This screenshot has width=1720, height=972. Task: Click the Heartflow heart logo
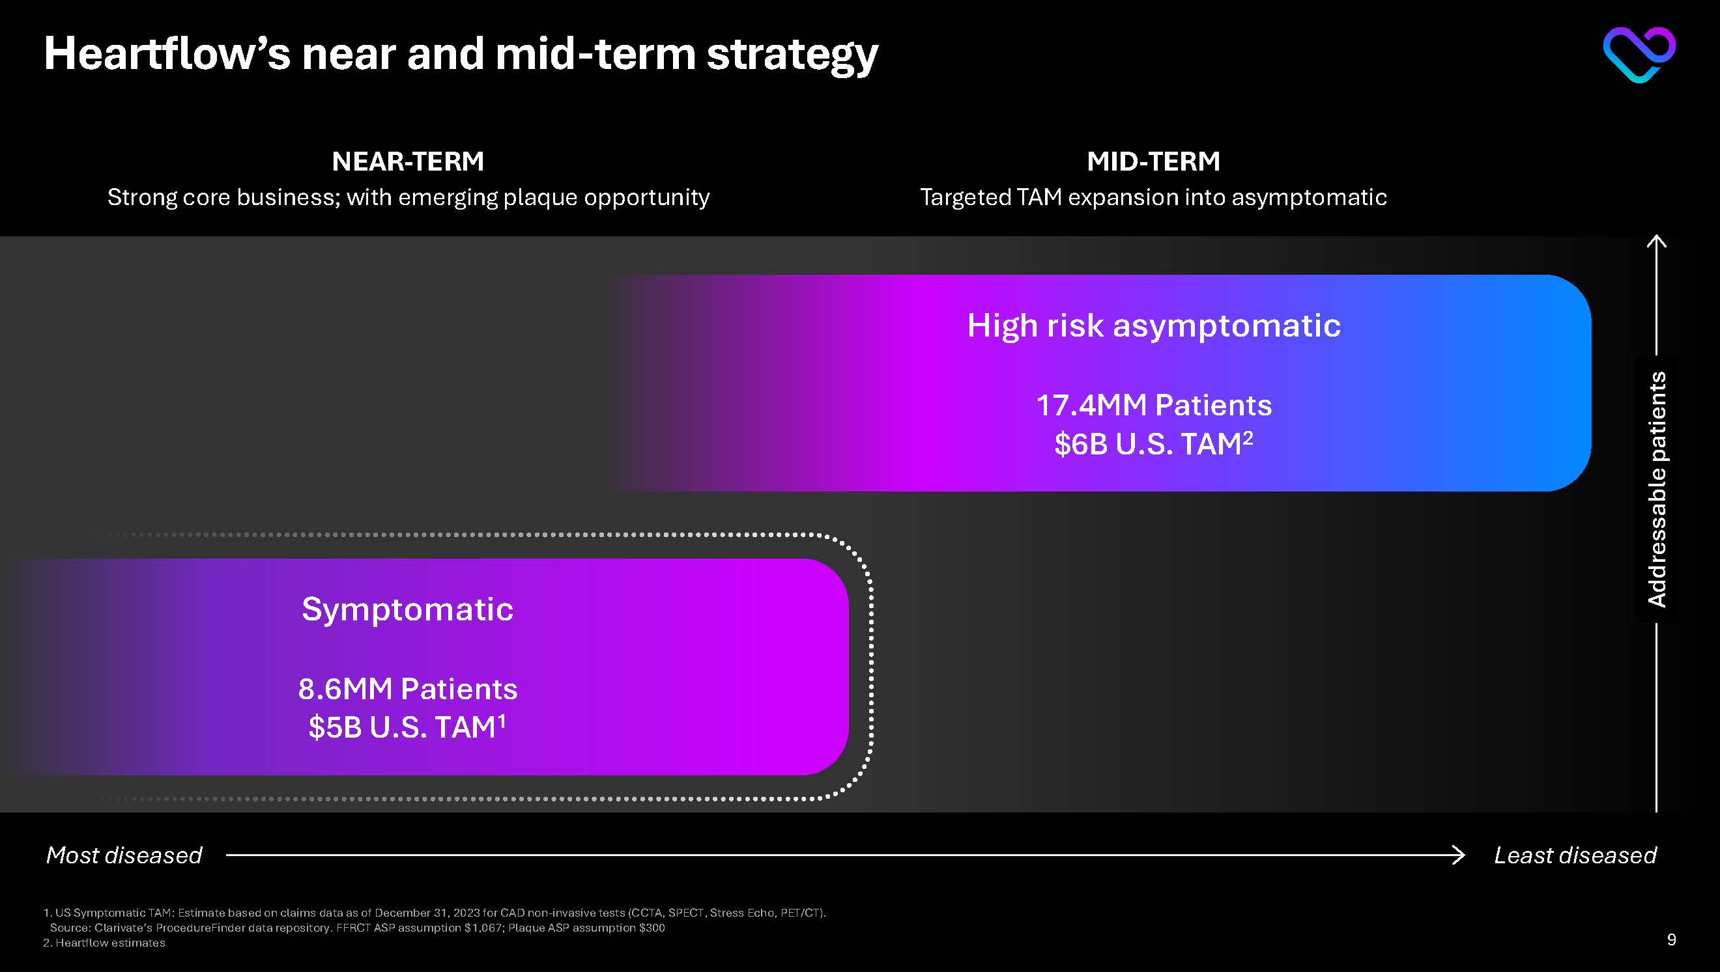(1639, 55)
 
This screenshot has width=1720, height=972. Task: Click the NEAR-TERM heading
(408, 161)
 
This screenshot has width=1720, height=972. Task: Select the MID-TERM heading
(1154, 161)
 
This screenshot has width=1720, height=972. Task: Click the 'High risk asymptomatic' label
(1154, 326)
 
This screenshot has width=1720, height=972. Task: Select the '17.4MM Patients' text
(1154, 405)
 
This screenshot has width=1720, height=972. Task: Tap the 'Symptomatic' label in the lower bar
(407, 610)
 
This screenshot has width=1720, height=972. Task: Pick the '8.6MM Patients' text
(407, 689)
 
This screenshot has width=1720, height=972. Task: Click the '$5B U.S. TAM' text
(407, 727)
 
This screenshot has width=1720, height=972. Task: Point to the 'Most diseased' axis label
(124, 855)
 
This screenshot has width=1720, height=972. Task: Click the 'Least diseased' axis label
(1575, 855)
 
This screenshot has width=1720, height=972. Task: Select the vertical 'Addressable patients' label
(1657, 490)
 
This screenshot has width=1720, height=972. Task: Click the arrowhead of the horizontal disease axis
(1459, 855)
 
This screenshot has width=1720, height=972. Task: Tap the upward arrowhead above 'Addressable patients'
(1657, 241)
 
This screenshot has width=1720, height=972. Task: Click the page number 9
(1671, 940)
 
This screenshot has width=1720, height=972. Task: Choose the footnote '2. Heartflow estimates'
(104, 943)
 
